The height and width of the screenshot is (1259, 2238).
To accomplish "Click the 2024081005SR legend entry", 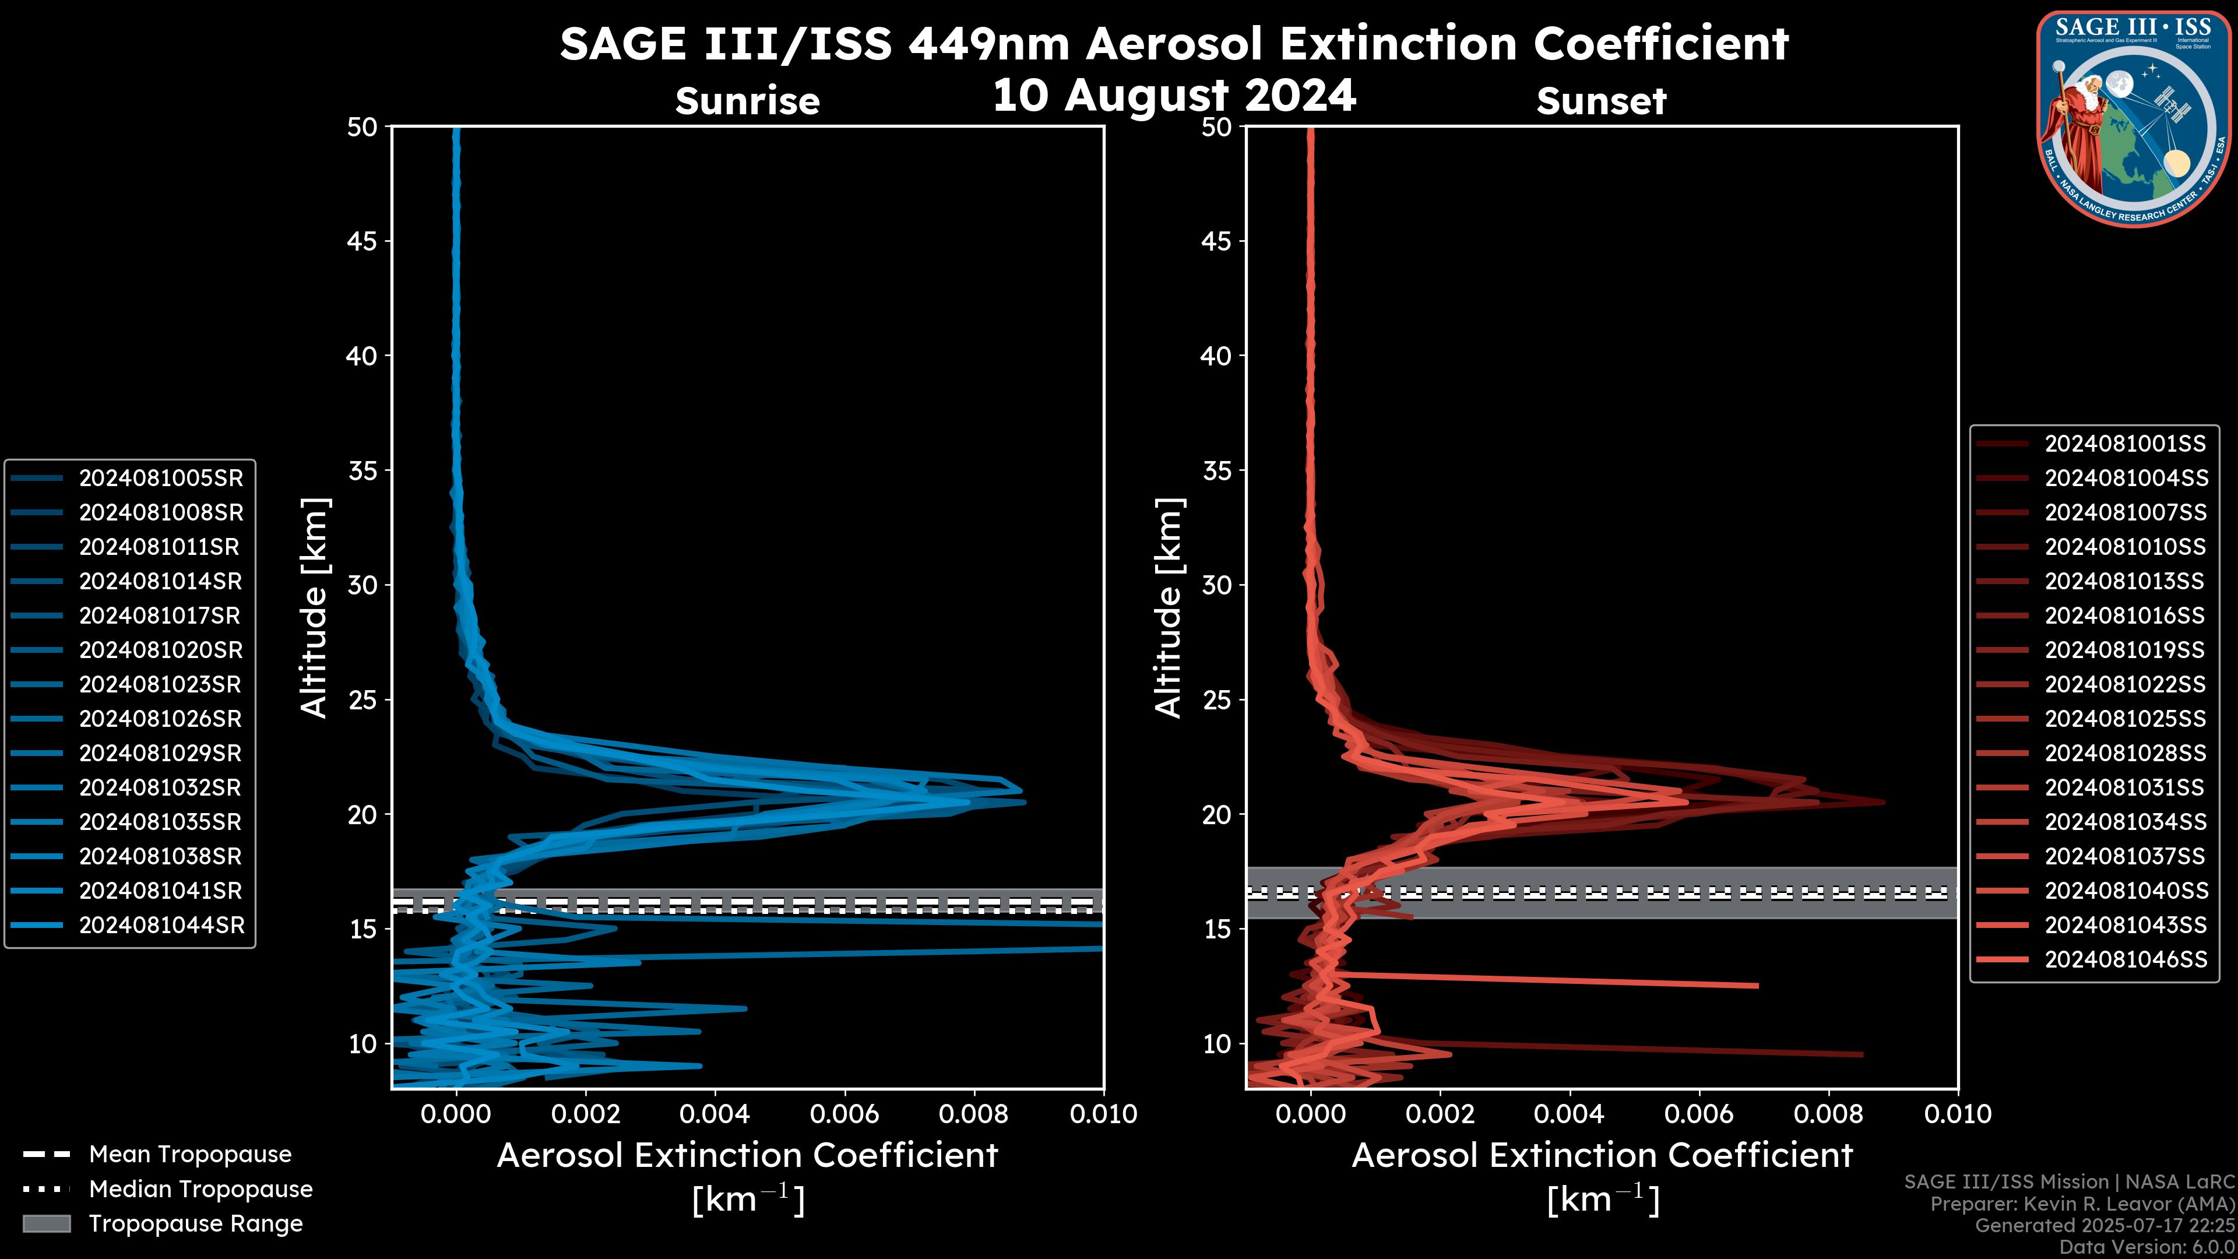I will pos(161,479).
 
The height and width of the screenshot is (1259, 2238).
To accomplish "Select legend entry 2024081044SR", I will pos(161,926).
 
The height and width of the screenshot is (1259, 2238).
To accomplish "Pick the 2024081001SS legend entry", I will pos(2124,444).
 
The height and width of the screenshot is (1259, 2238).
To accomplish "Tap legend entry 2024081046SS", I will pos(2125,959).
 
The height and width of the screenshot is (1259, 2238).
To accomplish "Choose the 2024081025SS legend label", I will pos(2124,719).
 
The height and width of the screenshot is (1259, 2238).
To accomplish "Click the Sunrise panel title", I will pos(747,101).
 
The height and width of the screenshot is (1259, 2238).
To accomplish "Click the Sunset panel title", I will pos(1600,101).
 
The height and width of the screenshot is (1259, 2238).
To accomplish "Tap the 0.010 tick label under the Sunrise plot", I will pos(1103,1114).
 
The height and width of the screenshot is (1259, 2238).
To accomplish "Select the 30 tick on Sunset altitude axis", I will pos(1217,585).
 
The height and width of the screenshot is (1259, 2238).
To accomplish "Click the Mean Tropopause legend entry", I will pos(189,1154).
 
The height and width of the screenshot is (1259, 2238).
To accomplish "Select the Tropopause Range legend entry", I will pos(195,1223).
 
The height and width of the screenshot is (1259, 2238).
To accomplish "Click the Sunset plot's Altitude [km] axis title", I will pos(1169,607).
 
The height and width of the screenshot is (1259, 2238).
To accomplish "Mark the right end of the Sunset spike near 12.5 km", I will pos(1757,985).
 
